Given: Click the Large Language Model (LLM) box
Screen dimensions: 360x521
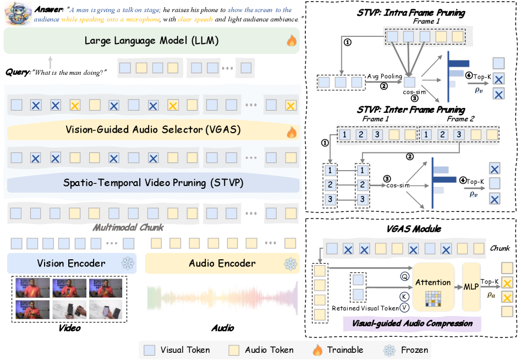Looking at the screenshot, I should [x=151, y=41].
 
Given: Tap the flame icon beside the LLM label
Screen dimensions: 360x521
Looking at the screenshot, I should [x=291, y=41].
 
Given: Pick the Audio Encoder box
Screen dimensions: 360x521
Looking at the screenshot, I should [x=222, y=264].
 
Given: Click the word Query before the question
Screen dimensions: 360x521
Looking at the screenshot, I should [x=17, y=72].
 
